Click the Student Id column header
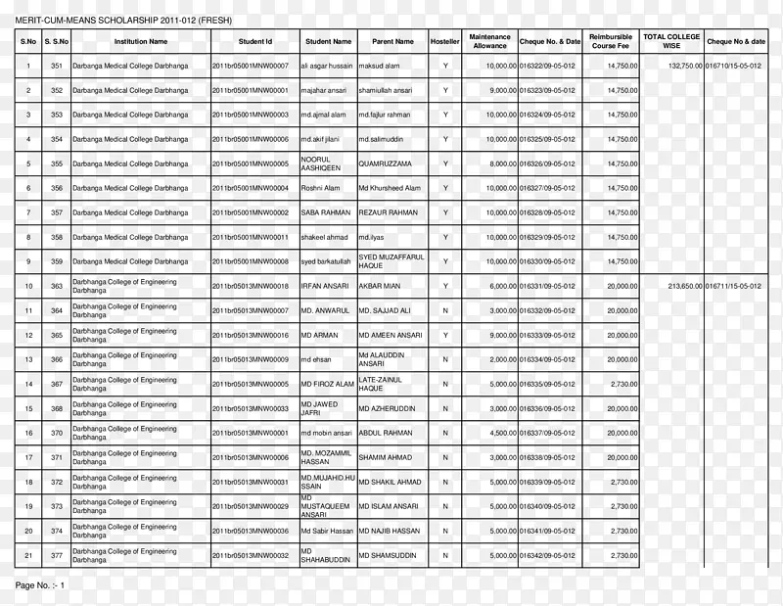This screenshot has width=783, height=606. click(x=254, y=42)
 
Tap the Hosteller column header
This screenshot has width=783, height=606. click(x=445, y=42)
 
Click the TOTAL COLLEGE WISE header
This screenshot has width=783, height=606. click(x=671, y=42)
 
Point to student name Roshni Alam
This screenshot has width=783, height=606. click(x=320, y=188)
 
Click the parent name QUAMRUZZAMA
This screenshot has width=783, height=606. click(x=385, y=163)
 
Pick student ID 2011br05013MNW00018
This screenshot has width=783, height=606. click(x=251, y=286)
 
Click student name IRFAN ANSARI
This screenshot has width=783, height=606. click(x=325, y=286)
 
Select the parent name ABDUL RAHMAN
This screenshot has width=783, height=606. click(x=386, y=433)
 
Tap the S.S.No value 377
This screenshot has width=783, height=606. click(x=57, y=555)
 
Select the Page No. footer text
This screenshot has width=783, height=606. click(x=40, y=584)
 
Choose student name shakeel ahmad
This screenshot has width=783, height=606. click(x=325, y=237)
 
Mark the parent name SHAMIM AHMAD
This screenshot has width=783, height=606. click(x=385, y=457)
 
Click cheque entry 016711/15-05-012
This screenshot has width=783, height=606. click(x=733, y=286)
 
